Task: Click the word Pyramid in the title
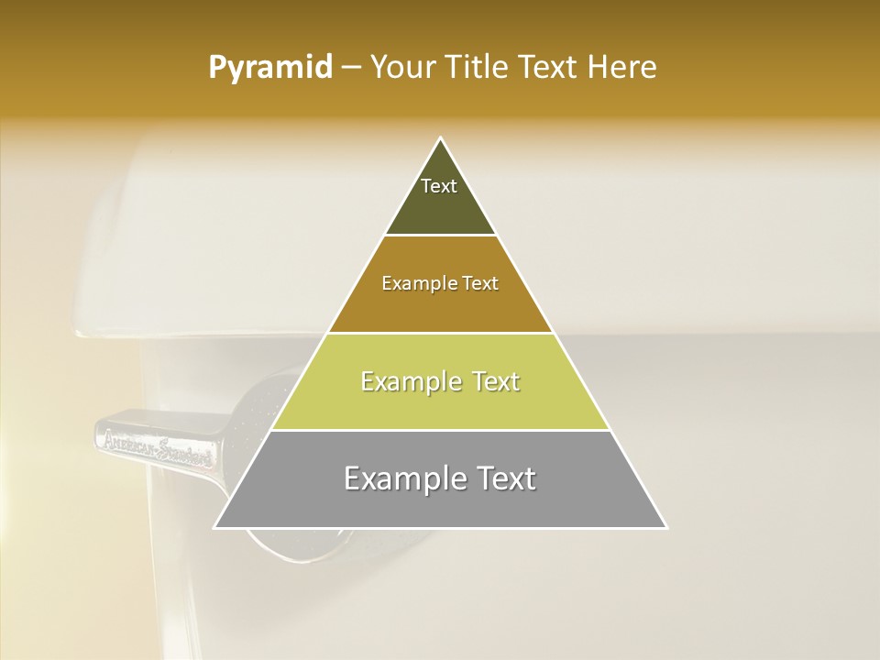click(x=269, y=68)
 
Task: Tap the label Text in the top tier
click(x=439, y=186)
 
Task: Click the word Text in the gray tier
click(x=503, y=478)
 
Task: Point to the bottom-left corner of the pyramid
click(x=215, y=527)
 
